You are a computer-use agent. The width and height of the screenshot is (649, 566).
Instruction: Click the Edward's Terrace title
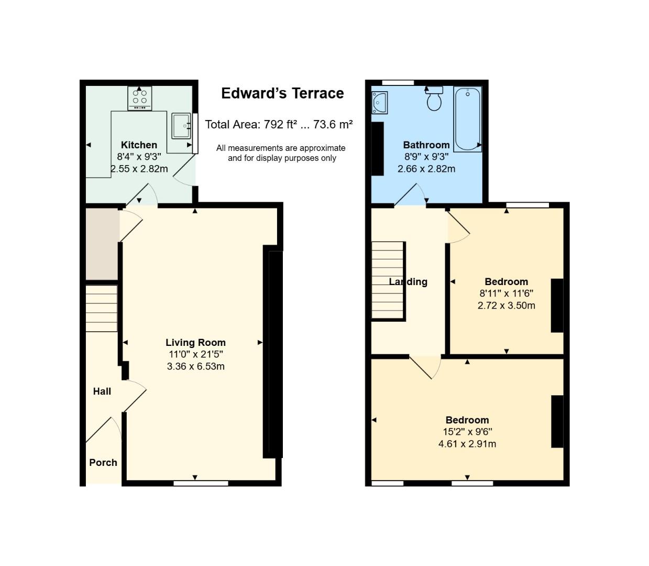282,93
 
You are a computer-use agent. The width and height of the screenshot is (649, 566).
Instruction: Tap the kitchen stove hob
139,98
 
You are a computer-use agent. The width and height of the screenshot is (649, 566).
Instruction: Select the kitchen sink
181,126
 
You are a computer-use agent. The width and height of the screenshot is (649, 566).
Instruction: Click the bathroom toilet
434,99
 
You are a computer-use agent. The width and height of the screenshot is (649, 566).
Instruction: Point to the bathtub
468,118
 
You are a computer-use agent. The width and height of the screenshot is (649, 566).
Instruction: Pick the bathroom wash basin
379,103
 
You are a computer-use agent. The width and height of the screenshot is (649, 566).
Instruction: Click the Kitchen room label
139,145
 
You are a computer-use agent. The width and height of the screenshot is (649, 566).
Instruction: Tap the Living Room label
196,342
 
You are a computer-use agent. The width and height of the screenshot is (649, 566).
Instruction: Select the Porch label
103,463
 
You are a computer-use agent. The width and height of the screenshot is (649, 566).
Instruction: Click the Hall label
102,391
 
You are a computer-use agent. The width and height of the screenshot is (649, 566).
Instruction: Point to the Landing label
408,282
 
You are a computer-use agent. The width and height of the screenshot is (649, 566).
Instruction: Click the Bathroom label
426,145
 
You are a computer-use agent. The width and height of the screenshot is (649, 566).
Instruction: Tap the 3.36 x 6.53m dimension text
196,366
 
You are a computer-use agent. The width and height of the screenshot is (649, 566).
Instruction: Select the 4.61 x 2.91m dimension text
467,443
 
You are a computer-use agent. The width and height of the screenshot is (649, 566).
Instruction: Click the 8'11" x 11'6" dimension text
506,293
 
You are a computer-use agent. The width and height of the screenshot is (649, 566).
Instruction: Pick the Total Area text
279,124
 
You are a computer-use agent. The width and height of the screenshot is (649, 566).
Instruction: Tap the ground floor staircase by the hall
102,308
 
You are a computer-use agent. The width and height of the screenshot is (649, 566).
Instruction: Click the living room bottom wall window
201,483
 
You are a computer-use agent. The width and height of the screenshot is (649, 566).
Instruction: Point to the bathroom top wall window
398,82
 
